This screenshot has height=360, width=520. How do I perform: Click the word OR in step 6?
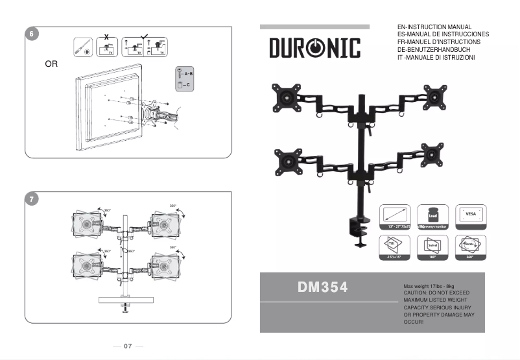pyautogui.click(x=51, y=65)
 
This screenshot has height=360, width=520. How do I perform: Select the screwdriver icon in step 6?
pyautogui.click(x=82, y=47)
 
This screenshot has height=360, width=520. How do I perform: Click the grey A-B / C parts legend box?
pyautogui.click(x=184, y=78)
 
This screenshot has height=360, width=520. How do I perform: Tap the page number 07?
pyautogui.click(x=128, y=346)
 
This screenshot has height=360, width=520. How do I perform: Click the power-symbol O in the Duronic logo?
pyautogui.click(x=314, y=47)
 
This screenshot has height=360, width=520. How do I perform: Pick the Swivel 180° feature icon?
pyautogui.click(x=432, y=247)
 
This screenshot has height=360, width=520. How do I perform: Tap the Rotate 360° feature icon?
pyautogui.click(x=470, y=247)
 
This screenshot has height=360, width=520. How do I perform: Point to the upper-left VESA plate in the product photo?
pyautogui.click(x=286, y=99)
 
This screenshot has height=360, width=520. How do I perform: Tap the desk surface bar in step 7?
pyautogui.click(x=125, y=299)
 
